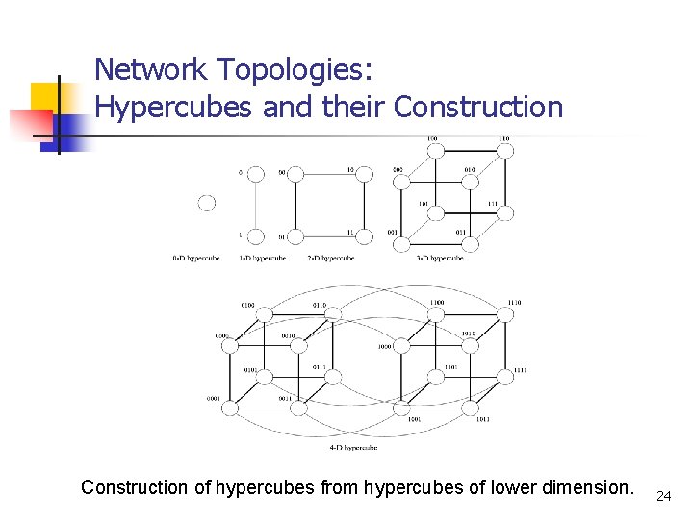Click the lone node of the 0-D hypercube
pyautogui.click(x=207, y=203)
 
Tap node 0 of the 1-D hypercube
pyautogui.click(x=256, y=174)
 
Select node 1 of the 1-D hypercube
pyautogui.click(x=256, y=235)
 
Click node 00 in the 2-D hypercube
pyautogui.click(x=295, y=174)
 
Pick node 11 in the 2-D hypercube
pyautogui.click(x=365, y=235)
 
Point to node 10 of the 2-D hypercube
pyautogui.click(x=365, y=174)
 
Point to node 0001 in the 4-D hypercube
pyautogui.click(x=229, y=408)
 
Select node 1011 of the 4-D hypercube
pyautogui.click(x=470, y=408)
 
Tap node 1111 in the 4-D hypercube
pyautogui.click(x=503, y=377)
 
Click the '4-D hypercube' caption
pyautogui.click(x=352, y=447)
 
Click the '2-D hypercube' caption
pyautogui.click(x=330, y=258)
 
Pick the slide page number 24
pyautogui.click(x=662, y=496)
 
